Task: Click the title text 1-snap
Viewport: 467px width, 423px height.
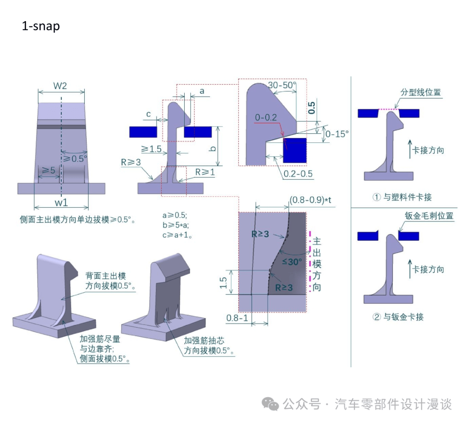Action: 41,26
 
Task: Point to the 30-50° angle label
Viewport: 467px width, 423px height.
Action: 281,85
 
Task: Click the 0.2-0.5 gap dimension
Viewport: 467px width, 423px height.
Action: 298,174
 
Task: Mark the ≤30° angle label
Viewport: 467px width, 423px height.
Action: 292,261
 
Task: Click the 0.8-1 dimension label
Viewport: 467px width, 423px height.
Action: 237,318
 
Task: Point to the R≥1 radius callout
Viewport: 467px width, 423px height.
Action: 204,172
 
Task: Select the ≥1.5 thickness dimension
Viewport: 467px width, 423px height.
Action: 151,149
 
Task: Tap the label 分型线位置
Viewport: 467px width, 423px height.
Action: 421,92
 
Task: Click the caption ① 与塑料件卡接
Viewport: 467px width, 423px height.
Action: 402,197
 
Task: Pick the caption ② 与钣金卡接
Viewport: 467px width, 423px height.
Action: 398,317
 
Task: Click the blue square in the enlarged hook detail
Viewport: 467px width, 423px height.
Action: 294,151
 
